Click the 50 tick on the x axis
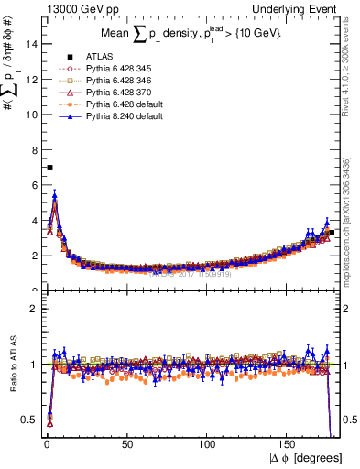point(127,443)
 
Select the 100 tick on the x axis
point(209,443)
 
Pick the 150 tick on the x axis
point(289,443)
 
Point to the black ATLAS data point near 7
point(49,167)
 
